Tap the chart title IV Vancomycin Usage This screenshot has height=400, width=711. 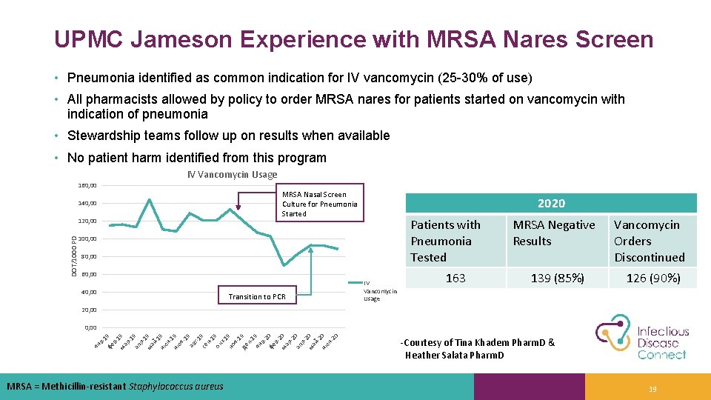click(x=232, y=175)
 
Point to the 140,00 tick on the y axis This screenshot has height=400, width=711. click(x=87, y=203)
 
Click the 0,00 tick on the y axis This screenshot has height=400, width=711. click(x=90, y=327)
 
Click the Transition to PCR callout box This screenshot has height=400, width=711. click(x=257, y=296)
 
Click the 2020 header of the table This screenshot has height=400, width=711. click(x=551, y=203)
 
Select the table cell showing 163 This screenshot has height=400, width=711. click(x=455, y=278)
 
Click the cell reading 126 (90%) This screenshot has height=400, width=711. click(x=652, y=278)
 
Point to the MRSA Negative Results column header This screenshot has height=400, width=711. click(x=554, y=233)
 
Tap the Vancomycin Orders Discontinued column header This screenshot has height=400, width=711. click(x=650, y=241)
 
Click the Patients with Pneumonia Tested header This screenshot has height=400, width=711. click(x=446, y=241)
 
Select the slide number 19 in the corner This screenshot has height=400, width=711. click(x=652, y=389)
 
